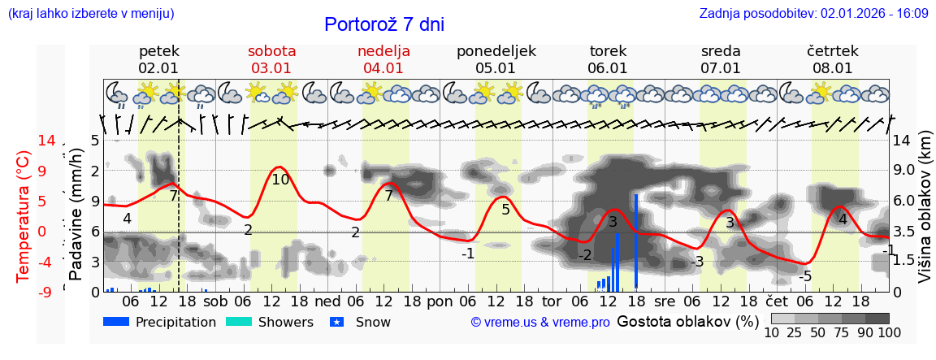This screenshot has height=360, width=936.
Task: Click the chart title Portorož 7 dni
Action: [x=383, y=24]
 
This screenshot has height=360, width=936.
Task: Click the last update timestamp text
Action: [x=813, y=14]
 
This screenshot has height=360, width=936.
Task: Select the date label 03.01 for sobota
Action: [x=271, y=68]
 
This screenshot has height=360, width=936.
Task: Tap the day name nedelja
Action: [x=383, y=51]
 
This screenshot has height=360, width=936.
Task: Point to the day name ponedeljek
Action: [x=496, y=51]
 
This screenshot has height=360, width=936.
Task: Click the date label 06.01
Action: [x=608, y=68]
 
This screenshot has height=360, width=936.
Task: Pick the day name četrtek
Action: [x=832, y=51]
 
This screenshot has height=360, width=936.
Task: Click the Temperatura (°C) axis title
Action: [x=24, y=216]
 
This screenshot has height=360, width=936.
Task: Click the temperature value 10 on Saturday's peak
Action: [x=280, y=180]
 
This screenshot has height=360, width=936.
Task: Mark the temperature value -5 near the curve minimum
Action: [x=804, y=276]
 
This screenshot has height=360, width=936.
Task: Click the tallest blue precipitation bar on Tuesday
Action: [x=636, y=241]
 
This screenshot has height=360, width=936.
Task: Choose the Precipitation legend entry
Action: [x=160, y=323]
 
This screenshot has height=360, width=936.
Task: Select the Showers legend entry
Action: [x=269, y=323]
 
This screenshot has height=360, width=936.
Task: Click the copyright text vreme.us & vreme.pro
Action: [x=539, y=323]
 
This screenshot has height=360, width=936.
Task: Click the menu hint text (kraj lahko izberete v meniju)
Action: [x=91, y=14]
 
